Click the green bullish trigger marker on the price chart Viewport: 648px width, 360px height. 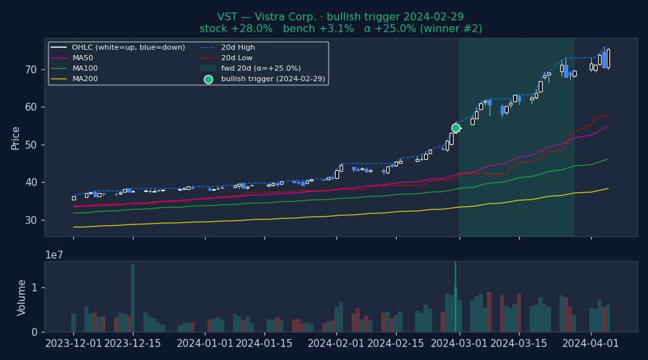[456, 128]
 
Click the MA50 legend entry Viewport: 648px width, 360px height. [82, 58]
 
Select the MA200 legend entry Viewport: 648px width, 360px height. [82, 79]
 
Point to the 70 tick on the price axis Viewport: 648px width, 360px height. [31, 69]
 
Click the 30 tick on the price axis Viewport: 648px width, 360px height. [31, 220]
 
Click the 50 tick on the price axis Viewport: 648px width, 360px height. [31, 145]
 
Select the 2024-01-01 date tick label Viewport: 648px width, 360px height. [204, 344]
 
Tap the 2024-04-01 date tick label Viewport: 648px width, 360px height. [591, 344]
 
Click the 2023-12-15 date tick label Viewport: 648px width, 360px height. [133, 344]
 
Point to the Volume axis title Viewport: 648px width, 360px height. [22, 297]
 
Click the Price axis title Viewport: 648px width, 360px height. [16, 137]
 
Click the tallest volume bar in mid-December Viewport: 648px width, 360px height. [133, 298]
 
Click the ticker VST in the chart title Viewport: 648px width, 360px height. [227, 17]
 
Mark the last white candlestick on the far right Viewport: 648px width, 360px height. [608, 58]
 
